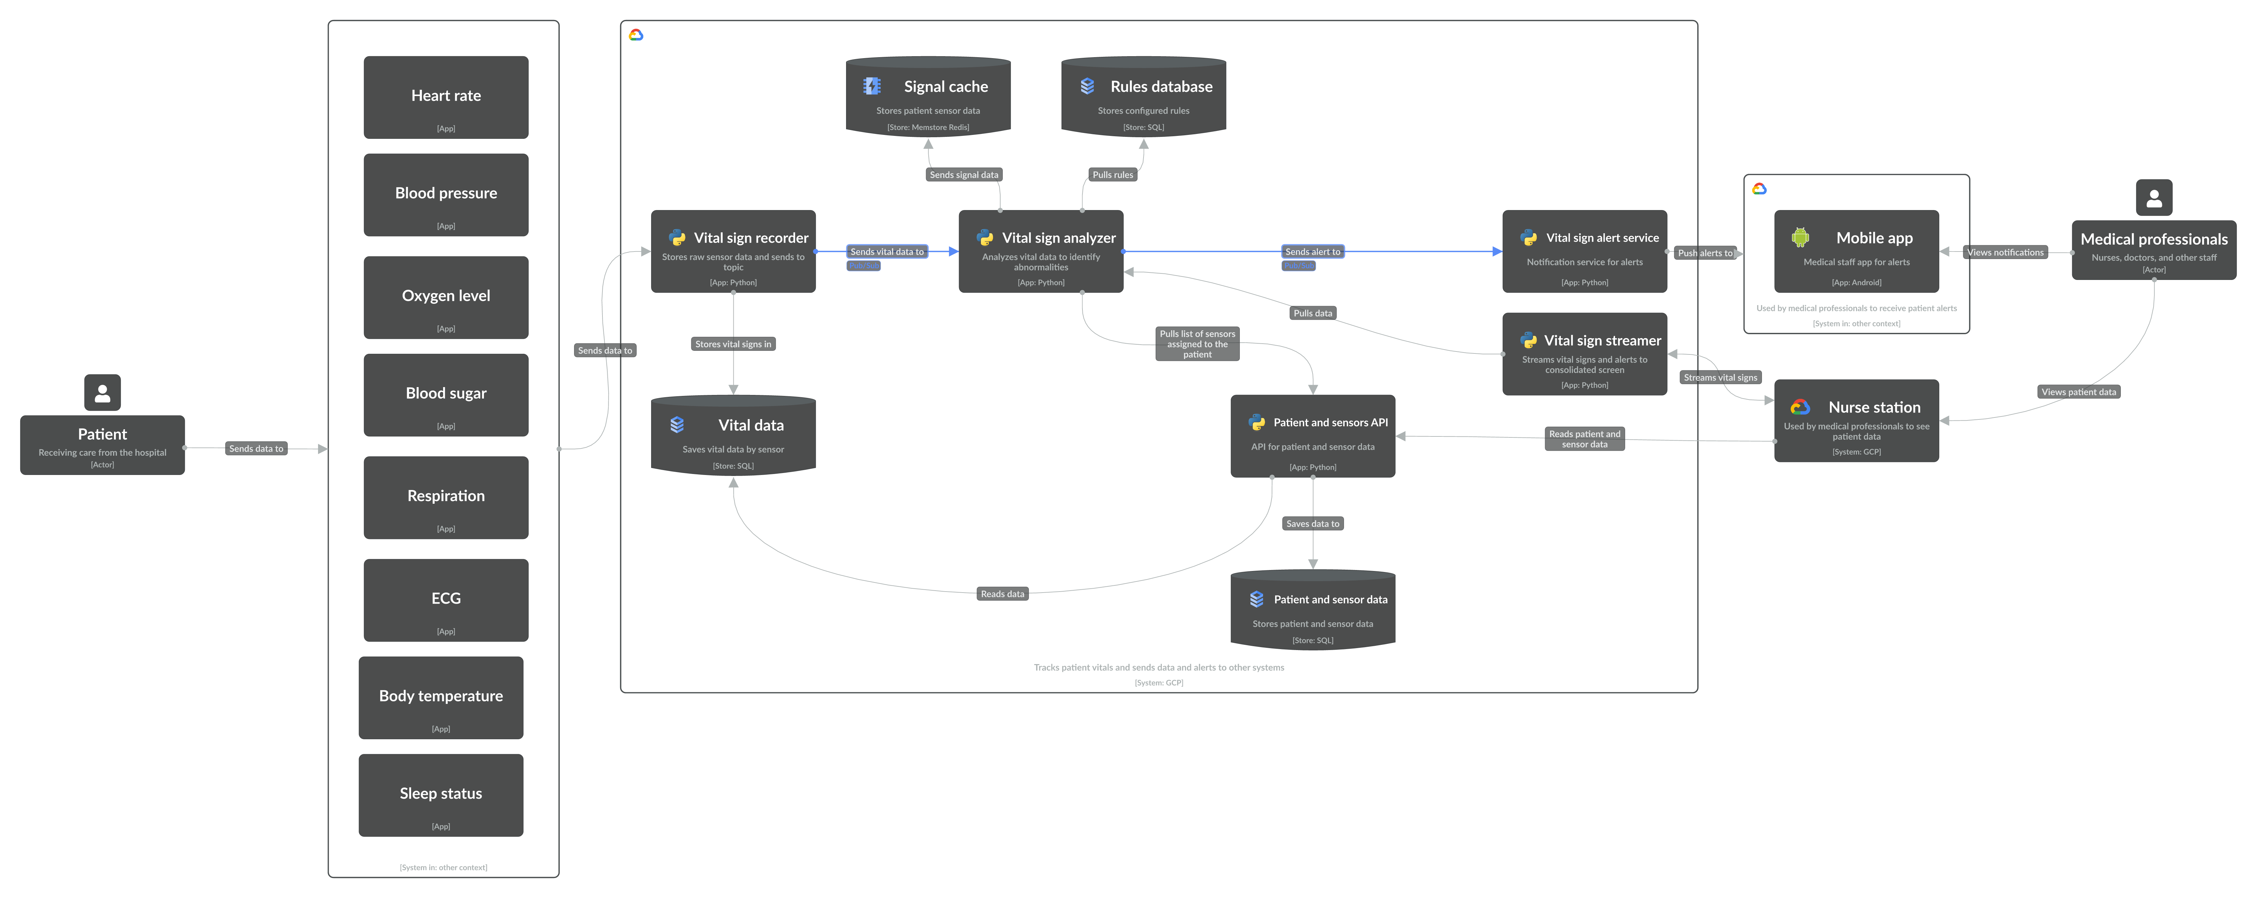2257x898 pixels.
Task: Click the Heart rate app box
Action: (x=446, y=97)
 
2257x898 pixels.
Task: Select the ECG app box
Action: (x=446, y=600)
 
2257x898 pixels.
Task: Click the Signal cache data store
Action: (x=928, y=96)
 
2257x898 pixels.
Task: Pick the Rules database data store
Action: (x=1144, y=96)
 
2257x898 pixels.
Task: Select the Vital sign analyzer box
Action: (x=1041, y=252)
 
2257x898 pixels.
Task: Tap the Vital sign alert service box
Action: (x=1584, y=252)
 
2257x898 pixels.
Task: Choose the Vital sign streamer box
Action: (x=1584, y=354)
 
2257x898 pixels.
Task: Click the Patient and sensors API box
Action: (x=1312, y=436)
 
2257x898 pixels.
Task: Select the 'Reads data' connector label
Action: (x=1002, y=594)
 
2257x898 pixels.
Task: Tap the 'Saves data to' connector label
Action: (x=1312, y=524)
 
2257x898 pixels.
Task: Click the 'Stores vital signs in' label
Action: (x=733, y=344)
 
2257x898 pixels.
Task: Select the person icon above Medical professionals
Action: (x=2153, y=198)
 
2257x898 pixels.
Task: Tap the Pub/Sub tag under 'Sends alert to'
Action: (x=1299, y=266)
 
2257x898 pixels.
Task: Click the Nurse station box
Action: (x=1857, y=420)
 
